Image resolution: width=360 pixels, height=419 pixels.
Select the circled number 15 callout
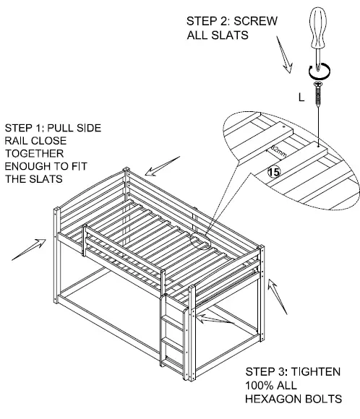click(273, 172)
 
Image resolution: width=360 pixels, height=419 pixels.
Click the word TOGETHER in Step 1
click(33, 155)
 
